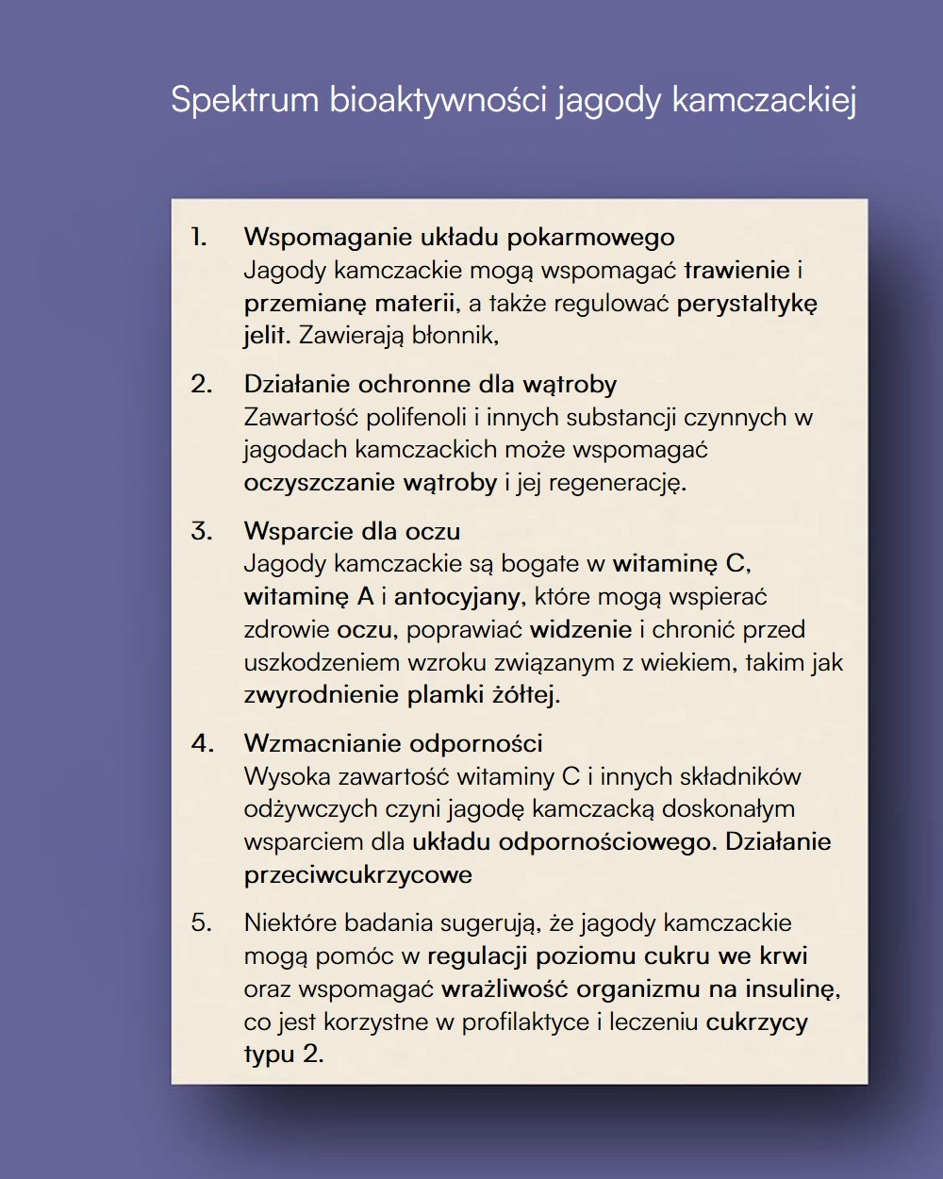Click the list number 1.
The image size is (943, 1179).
click(198, 236)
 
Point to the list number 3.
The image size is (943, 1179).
click(201, 530)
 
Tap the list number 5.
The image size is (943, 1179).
click(201, 922)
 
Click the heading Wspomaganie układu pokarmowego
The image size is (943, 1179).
click(459, 236)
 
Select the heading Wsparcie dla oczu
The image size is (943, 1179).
click(352, 530)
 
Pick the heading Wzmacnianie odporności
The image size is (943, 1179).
click(393, 743)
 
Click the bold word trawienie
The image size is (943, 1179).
click(736, 270)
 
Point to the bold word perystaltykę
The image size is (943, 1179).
click(747, 304)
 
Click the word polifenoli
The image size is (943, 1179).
click(416, 417)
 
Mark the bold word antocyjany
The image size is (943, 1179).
click(456, 597)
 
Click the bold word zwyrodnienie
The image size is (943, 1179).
click(322, 696)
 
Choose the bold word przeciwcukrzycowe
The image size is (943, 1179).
click(358, 874)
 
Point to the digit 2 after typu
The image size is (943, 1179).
click(311, 1054)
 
